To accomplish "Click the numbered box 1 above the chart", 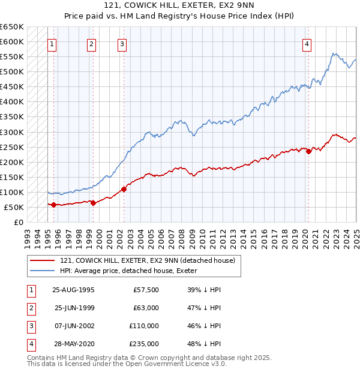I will (53, 43).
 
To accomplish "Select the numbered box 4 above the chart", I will (307, 43).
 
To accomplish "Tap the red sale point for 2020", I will (308, 151).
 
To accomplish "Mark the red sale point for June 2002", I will (124, 189).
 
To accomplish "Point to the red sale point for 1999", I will (94, 203).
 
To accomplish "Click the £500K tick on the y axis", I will (12, 72).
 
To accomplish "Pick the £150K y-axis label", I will (12, 177).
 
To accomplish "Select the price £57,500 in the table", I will (146, 290).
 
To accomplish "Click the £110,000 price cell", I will (144, 326).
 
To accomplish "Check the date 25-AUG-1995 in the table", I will (74, 290).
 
